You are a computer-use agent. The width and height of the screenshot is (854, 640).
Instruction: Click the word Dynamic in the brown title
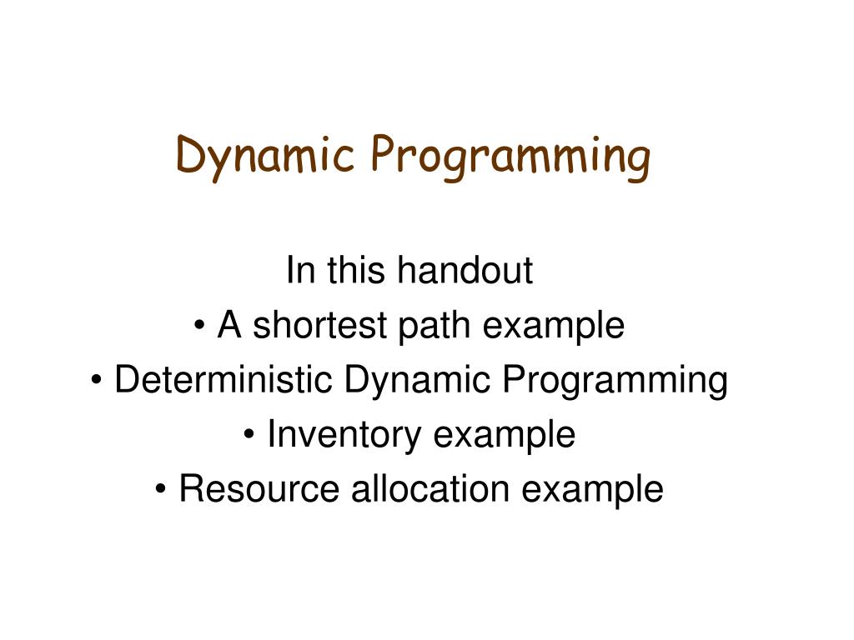(x=265, y=156)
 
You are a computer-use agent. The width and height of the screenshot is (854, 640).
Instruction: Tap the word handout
(x=465, y=270)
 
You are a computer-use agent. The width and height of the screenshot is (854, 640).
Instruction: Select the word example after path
(x=554, y=327)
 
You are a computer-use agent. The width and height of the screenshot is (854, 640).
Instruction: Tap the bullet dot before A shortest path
(x=199, y=326)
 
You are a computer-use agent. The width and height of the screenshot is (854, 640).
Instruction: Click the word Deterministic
(x=224, y=379)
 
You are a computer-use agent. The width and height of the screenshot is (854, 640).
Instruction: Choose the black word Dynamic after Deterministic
(x=417, y=381)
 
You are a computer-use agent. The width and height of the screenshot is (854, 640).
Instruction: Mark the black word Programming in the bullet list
(x=615, y=381)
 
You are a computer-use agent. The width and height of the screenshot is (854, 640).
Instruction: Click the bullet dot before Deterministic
(x=97, y=380)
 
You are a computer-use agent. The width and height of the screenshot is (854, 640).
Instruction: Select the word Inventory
(x=344, y=436)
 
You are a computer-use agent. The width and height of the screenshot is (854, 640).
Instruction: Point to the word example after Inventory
(x=505, y=436)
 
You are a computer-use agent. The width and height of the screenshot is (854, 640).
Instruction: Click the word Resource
(x=259, y=488)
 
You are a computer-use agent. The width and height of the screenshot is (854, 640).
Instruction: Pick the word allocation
(x=430, y=488)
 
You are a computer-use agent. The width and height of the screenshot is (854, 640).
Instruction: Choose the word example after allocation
(x=593, y=490)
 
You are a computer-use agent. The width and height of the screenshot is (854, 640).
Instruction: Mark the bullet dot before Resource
(x=160, y=488)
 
